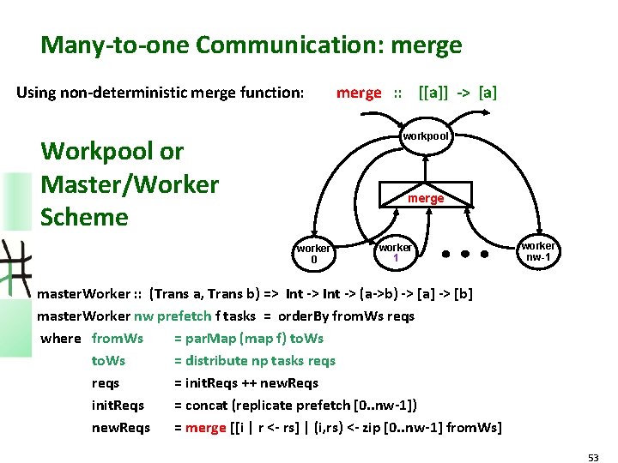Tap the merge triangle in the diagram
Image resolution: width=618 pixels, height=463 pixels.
pyautogui.click(x=426, y=197)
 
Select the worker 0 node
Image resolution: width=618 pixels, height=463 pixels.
pyautogui.click(x=313, y=254)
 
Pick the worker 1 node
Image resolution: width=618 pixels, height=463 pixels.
pyautogui.click(x=396, y=252)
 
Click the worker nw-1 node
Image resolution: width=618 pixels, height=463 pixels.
pyautogui.click(x=538, y=250)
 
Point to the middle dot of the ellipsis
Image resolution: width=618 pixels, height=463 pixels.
pyautogui.click(x=466, y=255)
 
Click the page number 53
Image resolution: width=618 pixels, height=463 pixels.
pyautogui.click(x=593, y=458)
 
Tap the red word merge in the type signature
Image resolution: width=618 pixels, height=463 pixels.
pyautogui.click(x=359, y=93)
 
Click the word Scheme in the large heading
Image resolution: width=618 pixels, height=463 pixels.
pyautogui.click(x=84, y=216)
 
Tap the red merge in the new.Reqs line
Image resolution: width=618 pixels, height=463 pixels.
pyautogui.click(x=206, y=427)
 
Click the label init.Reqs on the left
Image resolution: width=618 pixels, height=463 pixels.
pyautogui.click(x=118, y=405)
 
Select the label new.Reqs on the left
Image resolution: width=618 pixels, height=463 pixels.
pyautogui.click(x=121, y=427)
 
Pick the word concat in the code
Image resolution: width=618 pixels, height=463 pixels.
pyautogui.click(x=204, y=405)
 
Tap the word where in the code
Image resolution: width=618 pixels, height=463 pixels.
pyautogui.click(x=61, y=338)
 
